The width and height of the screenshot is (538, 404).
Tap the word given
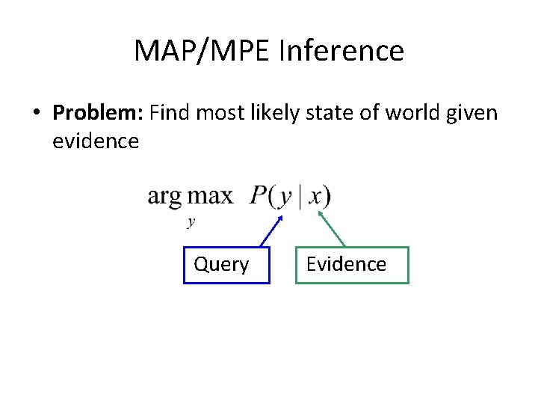pyautogui.click(x=474, y=113)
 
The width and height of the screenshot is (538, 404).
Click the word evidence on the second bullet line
pyautogui.click(x=96, y=141)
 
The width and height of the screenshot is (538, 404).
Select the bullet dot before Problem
pyautogui.click(x=35, y=114)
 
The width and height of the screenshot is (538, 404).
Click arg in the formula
pyautogui.click(x=164, y=198)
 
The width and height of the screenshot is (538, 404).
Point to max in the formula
pyautogui.click(x=210, y=197)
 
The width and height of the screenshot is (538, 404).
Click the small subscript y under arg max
pyautogui.click(x=191, y=221)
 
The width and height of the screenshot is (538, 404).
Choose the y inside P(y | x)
pyautogui.click(x=285, y=198)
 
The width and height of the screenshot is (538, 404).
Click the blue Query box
pyautogui.click(x=226, y=265)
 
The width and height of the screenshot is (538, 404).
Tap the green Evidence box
pyautogui.click(x=352, y=265)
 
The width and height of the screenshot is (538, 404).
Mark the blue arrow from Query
pyautogui.click(x=270, y=231)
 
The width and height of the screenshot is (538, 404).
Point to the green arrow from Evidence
pyautogui.click(x=333, y=228)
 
